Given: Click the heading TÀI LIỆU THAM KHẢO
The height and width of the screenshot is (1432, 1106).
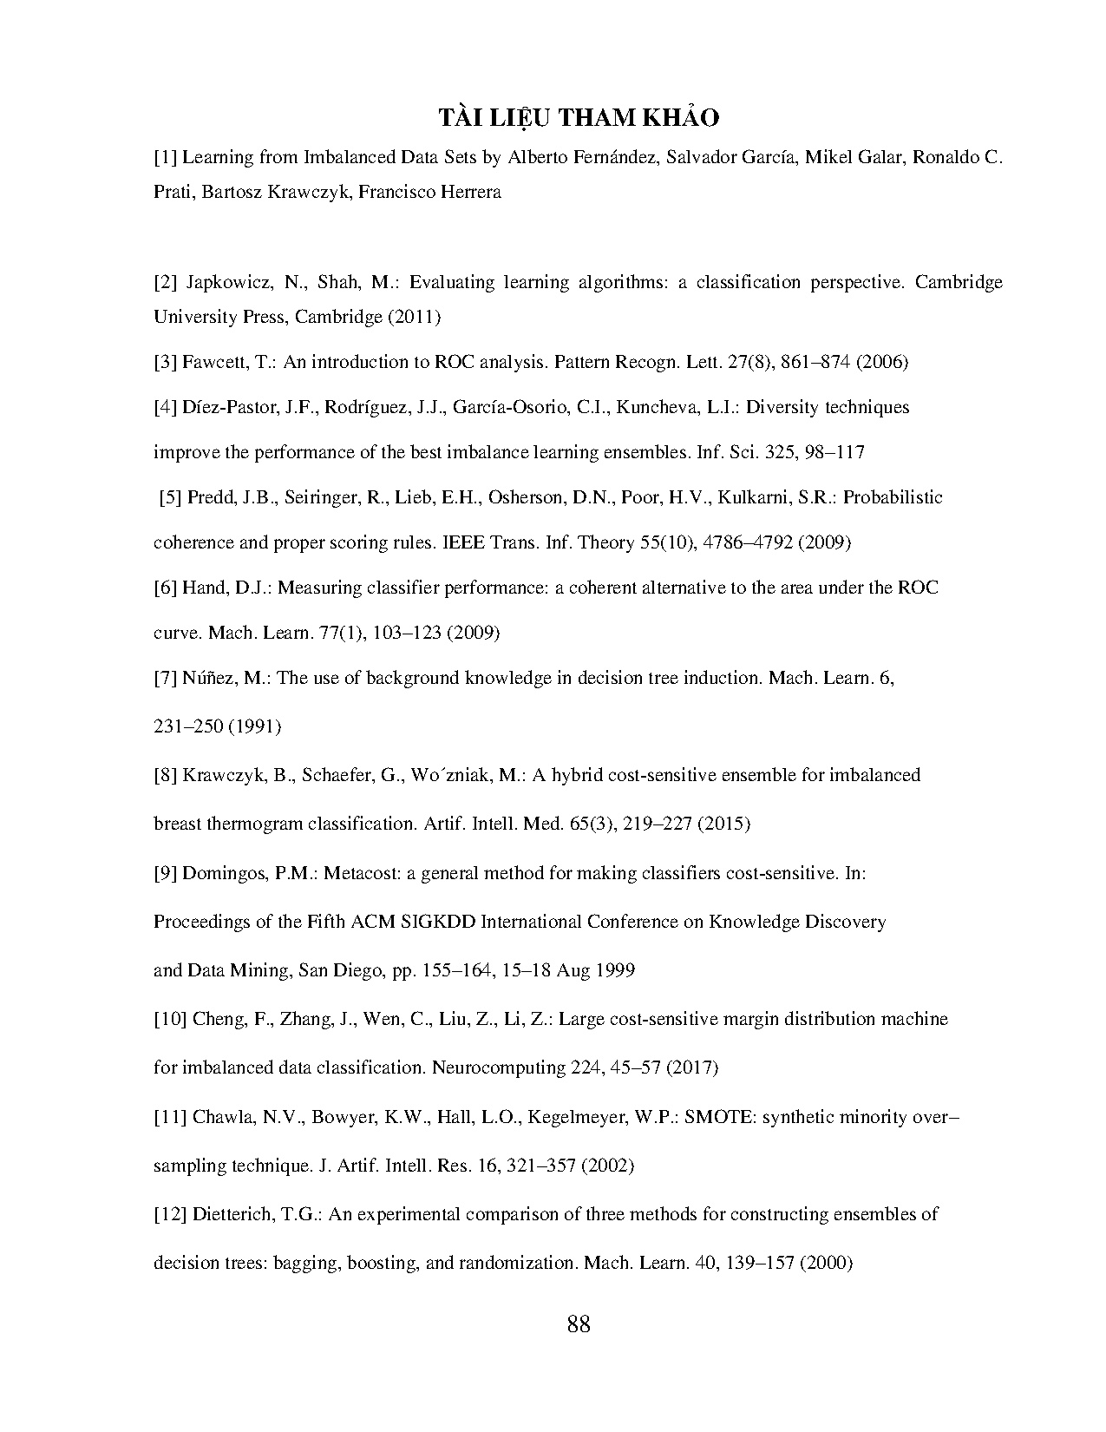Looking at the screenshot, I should tap(578, 118).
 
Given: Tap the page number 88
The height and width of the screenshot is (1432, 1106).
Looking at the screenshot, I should tap(579, 1324).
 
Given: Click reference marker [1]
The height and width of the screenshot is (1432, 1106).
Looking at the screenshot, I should tap(166, 158).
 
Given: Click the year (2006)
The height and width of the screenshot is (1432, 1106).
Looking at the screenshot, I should tap(882, 363).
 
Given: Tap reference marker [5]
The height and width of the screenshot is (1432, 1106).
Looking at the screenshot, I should tap(171, 498).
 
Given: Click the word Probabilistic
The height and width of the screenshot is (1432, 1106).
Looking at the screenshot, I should tap(893, 498).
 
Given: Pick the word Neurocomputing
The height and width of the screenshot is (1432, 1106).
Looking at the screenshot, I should tap(498, 1067).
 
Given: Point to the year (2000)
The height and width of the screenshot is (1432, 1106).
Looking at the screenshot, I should tap(825, 1264).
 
